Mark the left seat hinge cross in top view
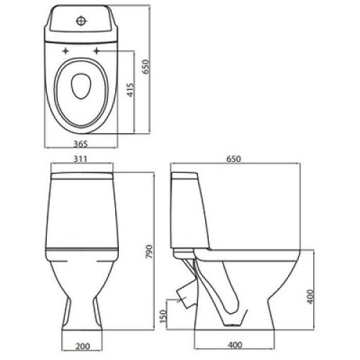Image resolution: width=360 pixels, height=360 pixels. tap(66, 50)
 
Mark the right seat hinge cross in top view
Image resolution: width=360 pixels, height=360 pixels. tap(97, 50)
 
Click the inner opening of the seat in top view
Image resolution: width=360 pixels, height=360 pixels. tap(80, 86)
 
